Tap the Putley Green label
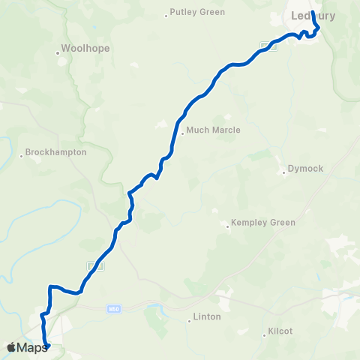point(197,12)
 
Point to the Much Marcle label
point(213,130)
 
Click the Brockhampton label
point(56,152)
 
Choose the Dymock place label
point(306,169)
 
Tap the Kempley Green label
point(263,223)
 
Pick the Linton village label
point(207,316)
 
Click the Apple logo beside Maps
point(10,347)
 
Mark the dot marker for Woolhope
point(58,53)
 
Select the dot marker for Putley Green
point(166,15)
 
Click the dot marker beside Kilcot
point(266,334)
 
